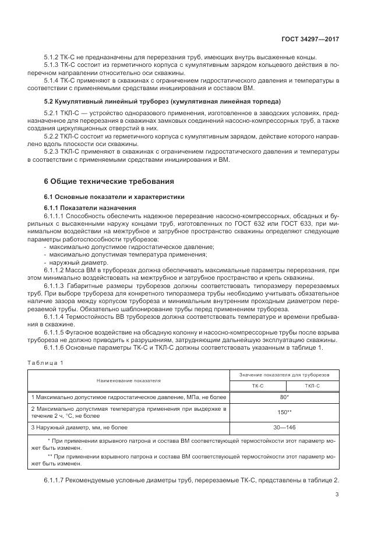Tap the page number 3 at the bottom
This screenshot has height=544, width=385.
coord(337,495)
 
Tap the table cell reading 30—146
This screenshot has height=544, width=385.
coord(285,428)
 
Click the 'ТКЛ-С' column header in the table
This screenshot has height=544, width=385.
coord(313,385)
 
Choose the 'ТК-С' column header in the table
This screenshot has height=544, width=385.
coord(258,385)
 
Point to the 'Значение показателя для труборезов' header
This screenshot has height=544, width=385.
coord(285,374)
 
